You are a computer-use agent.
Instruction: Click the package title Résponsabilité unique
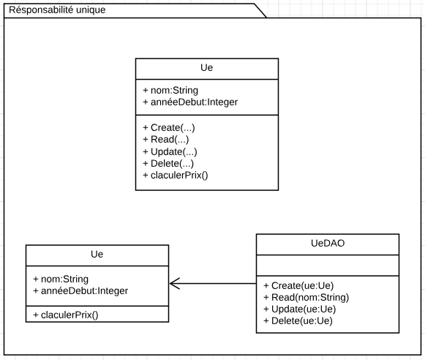tap(56, 10)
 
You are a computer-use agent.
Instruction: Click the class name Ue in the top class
tap(207, 69)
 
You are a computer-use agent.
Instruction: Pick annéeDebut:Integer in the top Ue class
tap(189, 102)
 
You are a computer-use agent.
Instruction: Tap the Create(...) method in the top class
tap(168, 127)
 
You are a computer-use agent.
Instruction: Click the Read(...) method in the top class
tap(165, 140)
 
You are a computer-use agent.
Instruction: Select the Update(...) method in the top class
tap(170, 152)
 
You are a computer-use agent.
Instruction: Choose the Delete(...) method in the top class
tap(168, 164)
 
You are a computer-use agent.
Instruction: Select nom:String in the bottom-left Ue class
tap(64, 279)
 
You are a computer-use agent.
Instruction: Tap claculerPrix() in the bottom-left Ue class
tap(65, 315)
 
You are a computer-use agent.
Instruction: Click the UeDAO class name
tap(328, 243)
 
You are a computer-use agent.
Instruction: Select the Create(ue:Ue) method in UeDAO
tap(298, 285)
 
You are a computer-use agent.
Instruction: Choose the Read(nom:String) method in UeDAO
tap(306, 297)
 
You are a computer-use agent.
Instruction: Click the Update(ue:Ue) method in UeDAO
tap(300, 309)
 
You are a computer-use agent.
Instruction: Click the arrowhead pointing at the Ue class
tap(174, 284)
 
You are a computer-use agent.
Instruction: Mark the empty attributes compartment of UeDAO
tap(328, 264)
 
